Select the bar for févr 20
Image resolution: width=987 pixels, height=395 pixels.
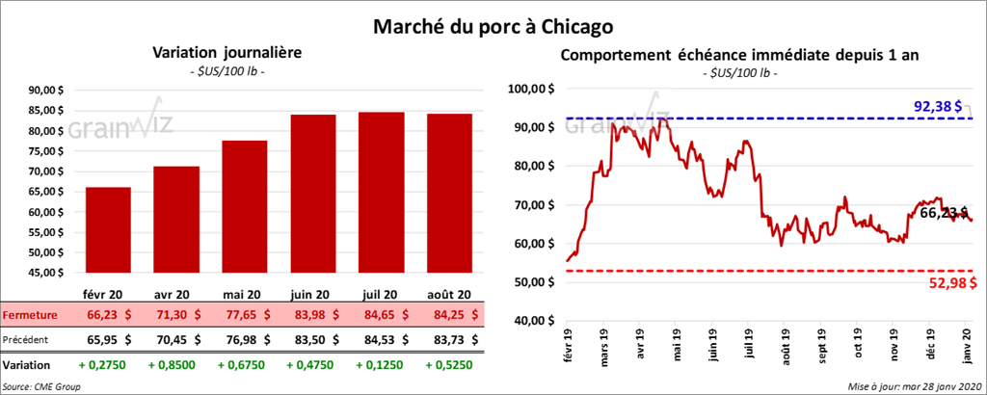pos(107,231)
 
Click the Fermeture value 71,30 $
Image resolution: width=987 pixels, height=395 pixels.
pos(174,315)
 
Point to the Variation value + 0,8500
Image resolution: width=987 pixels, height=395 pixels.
pos(174,366)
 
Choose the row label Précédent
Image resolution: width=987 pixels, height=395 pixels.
pos(26,339)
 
